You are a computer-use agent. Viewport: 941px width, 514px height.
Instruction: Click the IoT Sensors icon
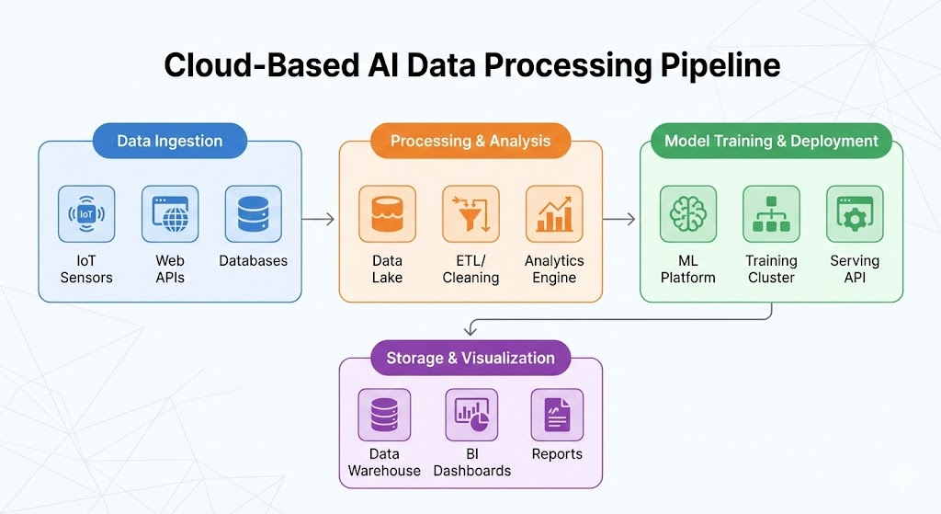coord(86,214)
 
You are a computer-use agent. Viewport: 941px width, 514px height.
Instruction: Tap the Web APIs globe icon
coord(170,214)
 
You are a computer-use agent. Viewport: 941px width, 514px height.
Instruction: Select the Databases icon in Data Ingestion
coord(253,214)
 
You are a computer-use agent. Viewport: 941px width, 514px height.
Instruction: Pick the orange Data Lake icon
coord(387,214)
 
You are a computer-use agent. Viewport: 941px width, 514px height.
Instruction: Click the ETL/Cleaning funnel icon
coord(470,214)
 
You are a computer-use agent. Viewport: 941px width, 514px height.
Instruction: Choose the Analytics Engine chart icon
coord(554,214)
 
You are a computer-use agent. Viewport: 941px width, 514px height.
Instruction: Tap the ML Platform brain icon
coord(687,214)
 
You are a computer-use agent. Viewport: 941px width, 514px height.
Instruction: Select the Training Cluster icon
coord(771,214)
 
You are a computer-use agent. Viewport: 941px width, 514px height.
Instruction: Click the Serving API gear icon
coord(855,214)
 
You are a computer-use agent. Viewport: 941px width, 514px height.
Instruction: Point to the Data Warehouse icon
coord(384,415)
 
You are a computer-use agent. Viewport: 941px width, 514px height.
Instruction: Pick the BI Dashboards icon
coord(471,415)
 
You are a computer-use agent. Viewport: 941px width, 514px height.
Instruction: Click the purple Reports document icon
coord(557,415)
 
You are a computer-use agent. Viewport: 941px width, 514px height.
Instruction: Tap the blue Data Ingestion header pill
coord(170,142)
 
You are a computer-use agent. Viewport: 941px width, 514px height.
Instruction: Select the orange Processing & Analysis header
coord(470,142)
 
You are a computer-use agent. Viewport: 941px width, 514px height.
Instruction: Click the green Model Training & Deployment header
coord(771,142)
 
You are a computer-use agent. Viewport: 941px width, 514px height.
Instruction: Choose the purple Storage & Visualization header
coord(470,359)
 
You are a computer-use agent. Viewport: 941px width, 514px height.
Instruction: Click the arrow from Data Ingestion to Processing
coord(318,219)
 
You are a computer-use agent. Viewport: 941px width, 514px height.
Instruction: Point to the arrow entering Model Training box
coord(619,219)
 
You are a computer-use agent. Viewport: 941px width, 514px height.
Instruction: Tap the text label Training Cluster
coord(771,269)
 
